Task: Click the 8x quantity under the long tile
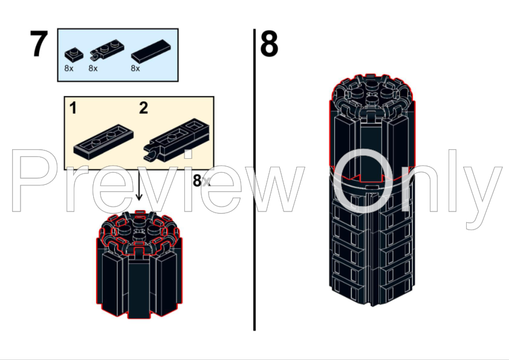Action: point(135,69)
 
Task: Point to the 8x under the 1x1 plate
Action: point(69,69)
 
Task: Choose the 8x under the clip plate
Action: point(93,69)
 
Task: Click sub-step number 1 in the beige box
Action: point(73,109)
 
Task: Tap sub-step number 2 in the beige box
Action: point(143,109)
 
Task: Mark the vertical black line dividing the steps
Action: point(254,181)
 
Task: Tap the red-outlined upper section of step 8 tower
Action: point(371,127)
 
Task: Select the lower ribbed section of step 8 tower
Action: point(371,248)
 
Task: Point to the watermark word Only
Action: point(417,181)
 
